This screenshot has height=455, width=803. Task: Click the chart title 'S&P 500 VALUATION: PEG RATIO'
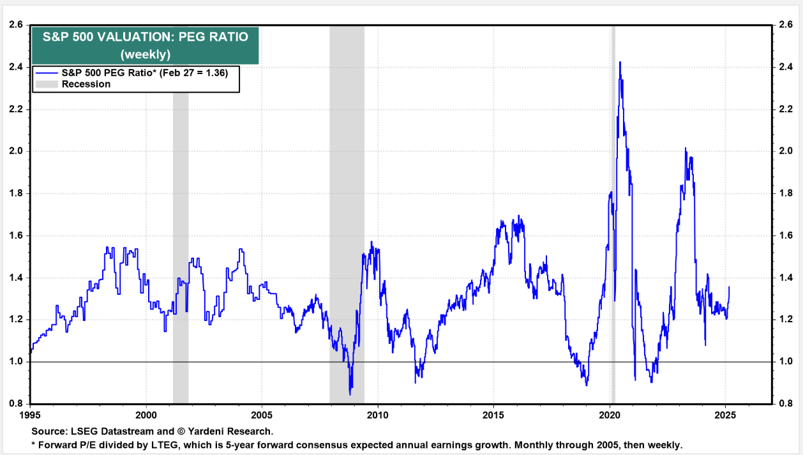tap(145, 36)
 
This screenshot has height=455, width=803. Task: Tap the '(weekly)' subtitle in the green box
tap(145, 54)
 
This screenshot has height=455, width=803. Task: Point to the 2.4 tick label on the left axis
tap(15, 67)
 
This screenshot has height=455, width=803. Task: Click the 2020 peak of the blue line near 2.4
tap(620, 63)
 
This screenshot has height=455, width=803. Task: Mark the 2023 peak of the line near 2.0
tap(686, 148)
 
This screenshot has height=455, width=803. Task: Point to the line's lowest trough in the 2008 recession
tap(350, 394)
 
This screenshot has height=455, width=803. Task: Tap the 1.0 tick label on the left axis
tap(15, 362)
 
